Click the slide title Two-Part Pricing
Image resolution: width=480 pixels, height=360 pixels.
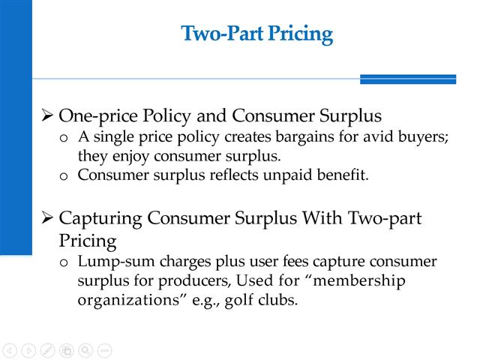pos(256,34)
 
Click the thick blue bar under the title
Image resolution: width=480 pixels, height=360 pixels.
pos(407,79)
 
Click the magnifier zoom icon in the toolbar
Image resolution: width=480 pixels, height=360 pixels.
pos(85,349)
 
